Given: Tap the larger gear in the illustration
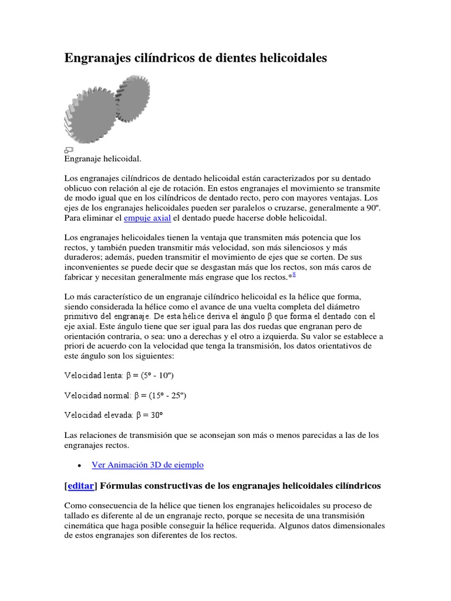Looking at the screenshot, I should (x=88, y=117).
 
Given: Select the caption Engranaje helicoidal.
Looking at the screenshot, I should (x=102, y=159).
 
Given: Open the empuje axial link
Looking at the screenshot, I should (x=147, y=218).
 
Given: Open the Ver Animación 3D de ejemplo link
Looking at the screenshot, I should (x=147, y=465).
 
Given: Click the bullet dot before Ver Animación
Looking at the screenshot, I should (x=79, y=465).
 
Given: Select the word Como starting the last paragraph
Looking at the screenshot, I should (x=74, y=506).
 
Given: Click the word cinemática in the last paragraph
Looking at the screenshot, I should (x=85, y=526).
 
